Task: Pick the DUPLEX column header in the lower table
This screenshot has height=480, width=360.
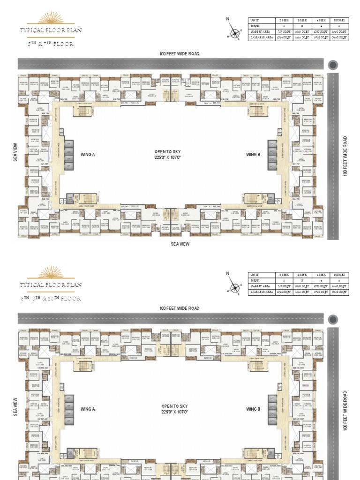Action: pyautogui.click(x=339, y=274)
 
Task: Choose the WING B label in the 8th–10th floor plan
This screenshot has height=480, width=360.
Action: pyautogui.click(x=253, y=409)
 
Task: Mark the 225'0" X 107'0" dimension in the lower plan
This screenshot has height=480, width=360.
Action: pyautogui.click(x=174, y=412)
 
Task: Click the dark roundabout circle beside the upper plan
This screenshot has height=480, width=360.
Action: pyautogui.click(x=333, y=64)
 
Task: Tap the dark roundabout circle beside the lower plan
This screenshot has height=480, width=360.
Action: pyautogui.click(x=333, y=319)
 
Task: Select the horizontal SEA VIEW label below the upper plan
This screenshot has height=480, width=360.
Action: pyautogui.click(x=180, y=244)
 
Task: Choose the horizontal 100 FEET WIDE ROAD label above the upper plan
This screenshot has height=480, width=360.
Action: pyautogui.click(x=180, y=54)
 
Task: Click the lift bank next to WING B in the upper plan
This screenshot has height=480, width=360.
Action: pyautogui.click(x=272, y=155)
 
